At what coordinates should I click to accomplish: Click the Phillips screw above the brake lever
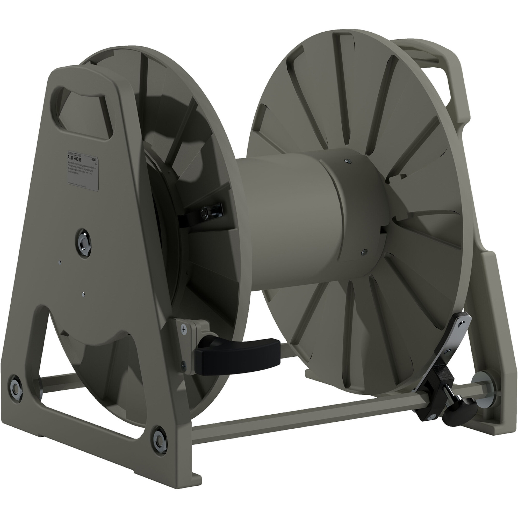pyautogui.click(x=184, y=329)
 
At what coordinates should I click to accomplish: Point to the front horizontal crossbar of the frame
pyautogui.click(x=308, y=414)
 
